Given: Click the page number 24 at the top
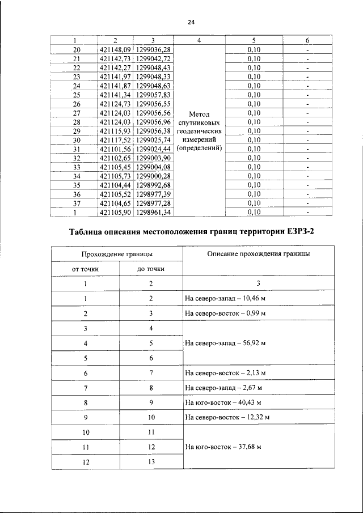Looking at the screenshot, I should point(191,22).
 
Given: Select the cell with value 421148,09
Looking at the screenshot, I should point(115,49).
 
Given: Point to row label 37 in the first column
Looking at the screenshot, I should point(77,203).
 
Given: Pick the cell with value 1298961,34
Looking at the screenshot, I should point(153,212).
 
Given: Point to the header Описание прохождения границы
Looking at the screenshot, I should point(250,254).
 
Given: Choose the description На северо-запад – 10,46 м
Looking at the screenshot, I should point(226,298).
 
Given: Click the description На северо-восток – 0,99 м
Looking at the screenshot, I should point(226,313).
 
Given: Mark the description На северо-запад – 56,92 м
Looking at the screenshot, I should point(226,343).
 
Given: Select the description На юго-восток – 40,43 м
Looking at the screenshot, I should point(223,402).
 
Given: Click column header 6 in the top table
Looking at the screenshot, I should point(307,40).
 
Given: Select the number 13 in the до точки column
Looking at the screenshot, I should point(151,462).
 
